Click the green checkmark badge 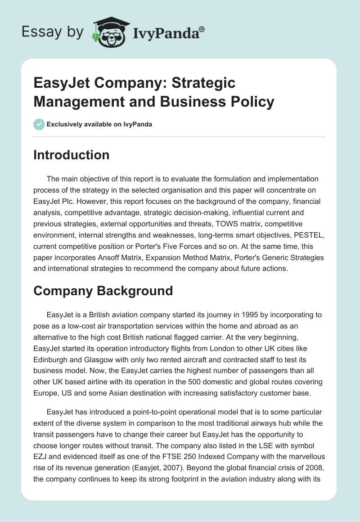pos(39,125)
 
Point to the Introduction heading pos(72,155)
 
